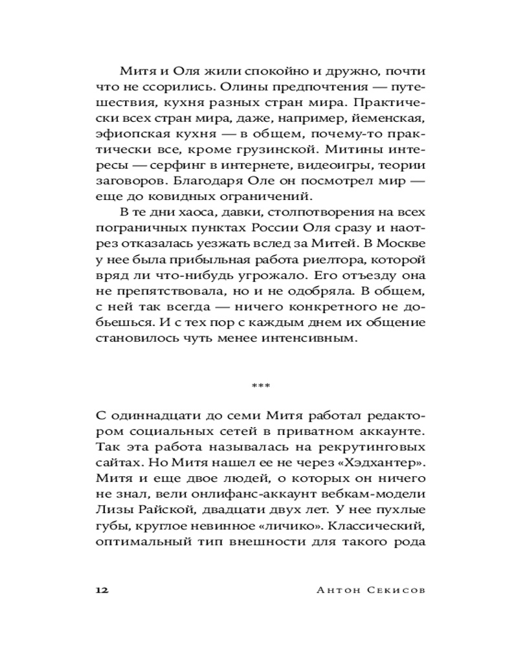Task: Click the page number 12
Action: pyautogui.click(x=102, y=590)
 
